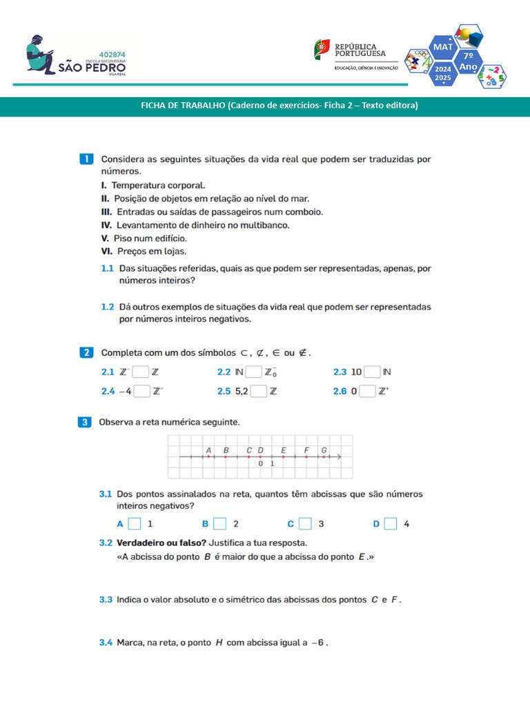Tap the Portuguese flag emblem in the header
[x=322, y=49]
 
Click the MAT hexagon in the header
[x=442, y=46]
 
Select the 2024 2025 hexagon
[x=442, y=74]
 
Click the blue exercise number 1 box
[x=87, y=159]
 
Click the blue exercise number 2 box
[x=87, y=353]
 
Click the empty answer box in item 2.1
[x=141, y=372]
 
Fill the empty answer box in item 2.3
[x=372, y=372]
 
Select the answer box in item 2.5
[x=259, y=392]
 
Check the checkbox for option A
[x=135, y=524]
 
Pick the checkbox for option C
[x=306, y=524]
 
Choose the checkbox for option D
[x=391, y=524]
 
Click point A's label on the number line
[x=208, y=450]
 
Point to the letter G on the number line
[x=324, y=450]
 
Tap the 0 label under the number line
[x=261, y=464]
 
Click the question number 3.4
[x=106, y=643]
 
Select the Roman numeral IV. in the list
[x=106, y=225]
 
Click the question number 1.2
[x=107, y=306]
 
